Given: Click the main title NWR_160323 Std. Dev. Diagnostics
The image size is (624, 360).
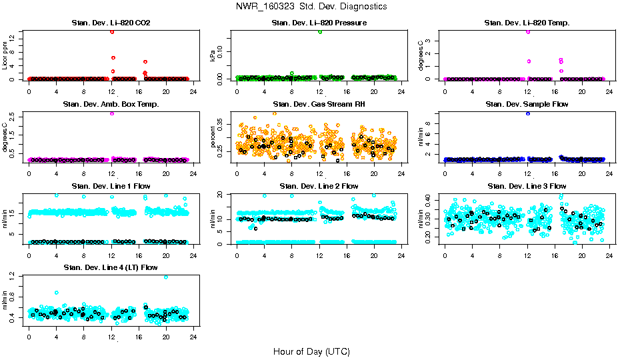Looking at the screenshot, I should pyautogui.click(x=311, y=6).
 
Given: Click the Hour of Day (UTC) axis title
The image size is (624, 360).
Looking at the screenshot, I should pyautogui.click(x=311, y=351).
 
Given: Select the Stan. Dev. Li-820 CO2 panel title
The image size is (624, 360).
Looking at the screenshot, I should pyautogui.click(x=111, y=23).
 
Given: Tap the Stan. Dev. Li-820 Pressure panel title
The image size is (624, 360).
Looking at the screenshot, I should pyautogui.click(x=319, y=23).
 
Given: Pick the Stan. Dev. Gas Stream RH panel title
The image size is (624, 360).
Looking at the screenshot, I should pyautogui.click(x=319, y=104).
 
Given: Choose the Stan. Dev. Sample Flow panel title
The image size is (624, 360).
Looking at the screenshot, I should pyautogui.click(x=527, y=104).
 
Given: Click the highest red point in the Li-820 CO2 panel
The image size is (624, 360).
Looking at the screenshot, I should pyautogui.click(x=112, y=31).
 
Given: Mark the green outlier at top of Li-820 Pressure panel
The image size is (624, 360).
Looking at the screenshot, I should pyautogui.click(x=320, y=31).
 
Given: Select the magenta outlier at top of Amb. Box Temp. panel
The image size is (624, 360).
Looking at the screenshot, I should pyautogui.click(x=112, y=113).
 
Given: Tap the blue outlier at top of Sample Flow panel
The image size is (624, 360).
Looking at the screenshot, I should pyautogui.click(x=528, y=113).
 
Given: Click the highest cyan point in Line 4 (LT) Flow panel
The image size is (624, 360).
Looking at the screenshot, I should pyautogui.click(x=165, y=277).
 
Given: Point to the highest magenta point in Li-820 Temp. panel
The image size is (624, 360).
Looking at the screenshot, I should pyautogui.click(x=528, y=31).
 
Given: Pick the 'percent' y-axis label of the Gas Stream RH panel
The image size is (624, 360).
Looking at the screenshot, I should pyautogui.click(x=213, y=136).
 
